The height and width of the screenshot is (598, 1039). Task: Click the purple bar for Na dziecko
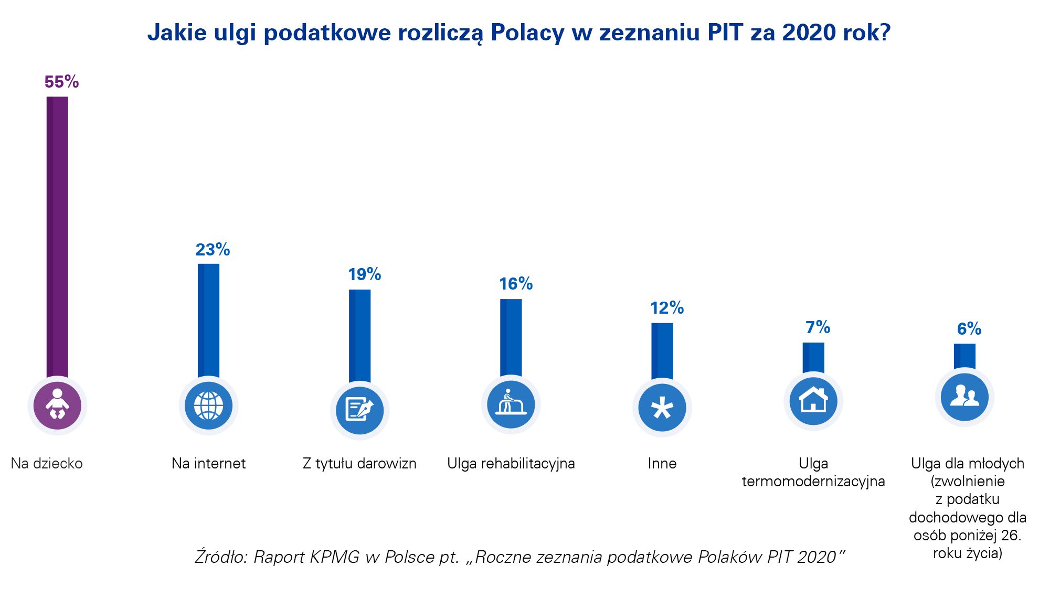[x=57, y=236]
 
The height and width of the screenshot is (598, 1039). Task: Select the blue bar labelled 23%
[x=208, y=320]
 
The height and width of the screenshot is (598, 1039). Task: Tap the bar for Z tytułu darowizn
[x=359, y=336]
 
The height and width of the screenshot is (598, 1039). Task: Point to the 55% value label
[x=61, y=82]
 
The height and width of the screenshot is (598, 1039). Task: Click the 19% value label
[x=364, y=274]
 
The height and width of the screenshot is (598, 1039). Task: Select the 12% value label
[x=666, y=308]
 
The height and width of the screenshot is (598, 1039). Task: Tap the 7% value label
[x=818, y=327]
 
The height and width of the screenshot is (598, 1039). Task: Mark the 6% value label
[x=969, y=329]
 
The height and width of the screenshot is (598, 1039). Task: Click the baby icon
[x=57, y=405]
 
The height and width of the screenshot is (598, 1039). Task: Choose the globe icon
[x=208, y=405]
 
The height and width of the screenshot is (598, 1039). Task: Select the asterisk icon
[x=662, y=408]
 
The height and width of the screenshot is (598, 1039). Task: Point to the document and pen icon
[x=359, y=410]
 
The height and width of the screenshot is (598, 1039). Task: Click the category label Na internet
[x=208, y=464]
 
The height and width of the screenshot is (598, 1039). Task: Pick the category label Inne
[x=662, y=464]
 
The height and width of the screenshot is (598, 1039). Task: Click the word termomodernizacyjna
[x=813, y=482]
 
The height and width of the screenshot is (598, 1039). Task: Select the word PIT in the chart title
[x=725, y=33]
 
